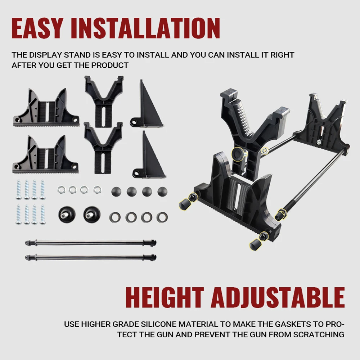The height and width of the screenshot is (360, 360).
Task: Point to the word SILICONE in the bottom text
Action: pyautogui.click(x=159, y=324)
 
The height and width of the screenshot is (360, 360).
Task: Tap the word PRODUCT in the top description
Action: pyautogui.click(x=110, y=66)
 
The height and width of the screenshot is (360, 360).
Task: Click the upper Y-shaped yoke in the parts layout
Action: pyautogui.click(x=104, y=101)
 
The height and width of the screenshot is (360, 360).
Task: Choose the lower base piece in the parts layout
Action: pyautogui.click(x=45, y=154)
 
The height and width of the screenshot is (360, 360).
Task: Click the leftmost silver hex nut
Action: pyautogui.click(x=61, y=189)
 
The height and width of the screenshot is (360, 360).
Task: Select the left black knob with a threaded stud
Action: pyautogui.click(x=67, y=214)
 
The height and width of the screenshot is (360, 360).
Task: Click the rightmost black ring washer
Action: pyautogui.click(x=162, y=217)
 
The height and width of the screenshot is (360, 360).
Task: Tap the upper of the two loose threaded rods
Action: pyautogui.click(x=91, y=242)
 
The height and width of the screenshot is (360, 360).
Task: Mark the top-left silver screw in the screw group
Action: pyautogui.click(x=19, y=190)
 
